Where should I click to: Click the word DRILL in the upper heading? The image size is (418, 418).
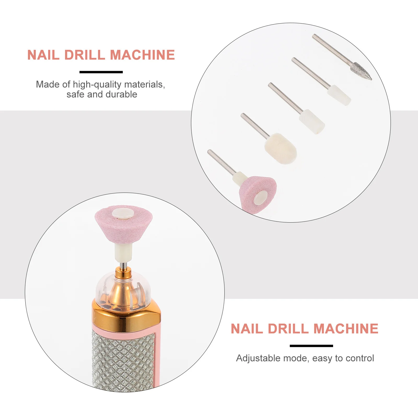pyautogui.click(x=85, y=55)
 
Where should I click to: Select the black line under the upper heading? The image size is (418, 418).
pyautogui.click(x=101, y=72)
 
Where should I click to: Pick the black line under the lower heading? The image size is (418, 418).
pyautogui.click(x=311, y=346)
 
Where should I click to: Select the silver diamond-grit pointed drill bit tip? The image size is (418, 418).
pyautogui.click(x=362, y=71)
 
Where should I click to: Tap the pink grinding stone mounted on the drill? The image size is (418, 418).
pyautogui.click(x=123, y=225)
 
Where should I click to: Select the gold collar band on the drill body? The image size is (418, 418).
pyautogui.click(x=126, y=319)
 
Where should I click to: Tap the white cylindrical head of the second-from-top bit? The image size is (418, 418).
pyautogui.click(x=339, y=95)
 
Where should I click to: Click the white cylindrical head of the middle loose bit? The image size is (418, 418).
pyautogui.click(x=312, y=121)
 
